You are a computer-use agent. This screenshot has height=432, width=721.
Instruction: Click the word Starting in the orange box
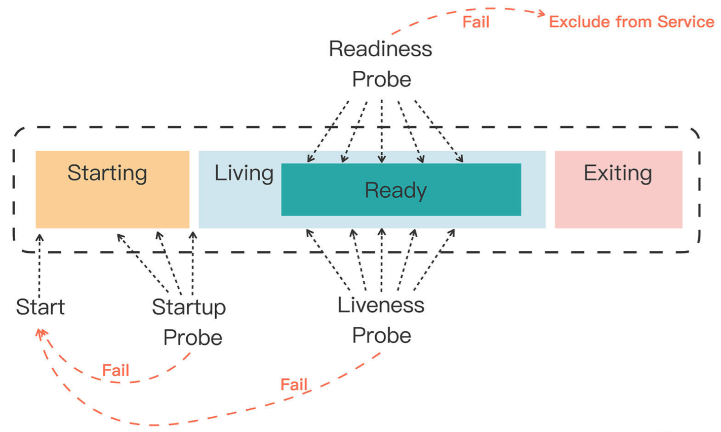point(107,174)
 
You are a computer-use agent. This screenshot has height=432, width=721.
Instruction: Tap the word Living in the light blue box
point(244,174)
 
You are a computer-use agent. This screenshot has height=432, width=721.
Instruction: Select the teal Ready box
point(401,190)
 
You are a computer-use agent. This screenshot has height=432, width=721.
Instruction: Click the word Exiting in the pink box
point(618,173)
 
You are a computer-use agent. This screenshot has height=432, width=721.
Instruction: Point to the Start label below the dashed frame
point(40,307)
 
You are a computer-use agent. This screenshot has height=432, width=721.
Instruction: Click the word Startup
point(189,308)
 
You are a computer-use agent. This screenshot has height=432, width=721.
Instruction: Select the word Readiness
point(380,49)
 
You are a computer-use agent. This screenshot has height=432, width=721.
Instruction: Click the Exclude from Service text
point(631,22)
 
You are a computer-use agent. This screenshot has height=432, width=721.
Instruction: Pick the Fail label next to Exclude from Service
point(476,22)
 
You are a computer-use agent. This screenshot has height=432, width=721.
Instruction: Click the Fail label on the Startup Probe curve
point(115,370)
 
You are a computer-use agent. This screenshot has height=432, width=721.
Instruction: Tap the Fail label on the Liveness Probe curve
point(294,384)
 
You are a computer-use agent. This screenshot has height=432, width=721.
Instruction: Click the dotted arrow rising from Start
point(39,266)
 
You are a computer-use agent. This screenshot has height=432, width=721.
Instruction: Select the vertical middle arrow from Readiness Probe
point(382,131)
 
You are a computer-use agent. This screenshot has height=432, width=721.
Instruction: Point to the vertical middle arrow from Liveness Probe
point(382,260)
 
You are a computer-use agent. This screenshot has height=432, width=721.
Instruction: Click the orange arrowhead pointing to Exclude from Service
point(541,13)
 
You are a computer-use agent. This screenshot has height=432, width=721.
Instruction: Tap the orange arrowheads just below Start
point(41,334)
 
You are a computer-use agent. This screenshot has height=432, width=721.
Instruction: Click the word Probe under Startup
point(193,338)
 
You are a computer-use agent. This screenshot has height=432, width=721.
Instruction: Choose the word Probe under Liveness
point(382,336)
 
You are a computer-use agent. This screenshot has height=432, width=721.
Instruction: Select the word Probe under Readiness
point(382,79)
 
